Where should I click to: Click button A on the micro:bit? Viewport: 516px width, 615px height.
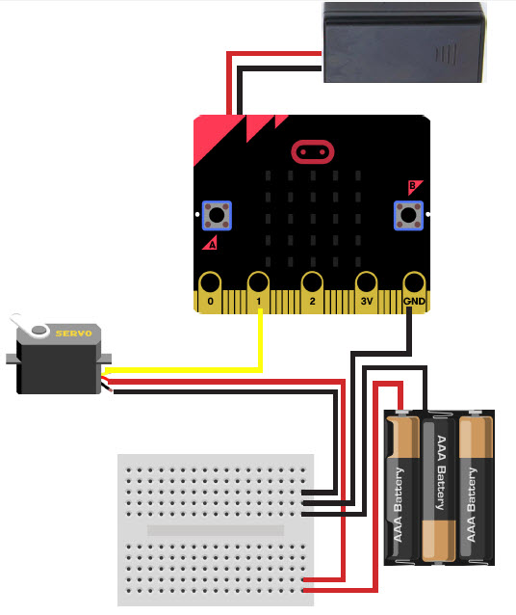(x=217, y=215)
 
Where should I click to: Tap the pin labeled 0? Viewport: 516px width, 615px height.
(x=210, y=293)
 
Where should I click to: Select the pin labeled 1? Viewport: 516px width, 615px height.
(x=258, y=293)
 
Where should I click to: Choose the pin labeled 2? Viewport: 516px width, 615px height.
(x=312, y=293)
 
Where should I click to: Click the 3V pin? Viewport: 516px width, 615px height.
(x=367, y=293)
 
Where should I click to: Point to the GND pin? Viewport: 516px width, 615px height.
(x=414, y=293)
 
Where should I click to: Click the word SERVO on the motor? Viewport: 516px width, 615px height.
(x=73, y=334)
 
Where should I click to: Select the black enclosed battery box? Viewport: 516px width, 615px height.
(x=404, y=42)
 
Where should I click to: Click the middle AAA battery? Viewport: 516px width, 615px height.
(x=439, y=489)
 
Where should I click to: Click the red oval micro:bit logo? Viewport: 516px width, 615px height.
(x=313, y=151)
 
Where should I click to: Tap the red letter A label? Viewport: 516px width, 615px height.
(x=211, y=243)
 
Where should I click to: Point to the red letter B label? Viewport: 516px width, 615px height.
(x=414, y=187)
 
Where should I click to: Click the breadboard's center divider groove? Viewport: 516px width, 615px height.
(x=216, y=530)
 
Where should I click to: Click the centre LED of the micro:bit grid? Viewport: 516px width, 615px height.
(x=313, y=218)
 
